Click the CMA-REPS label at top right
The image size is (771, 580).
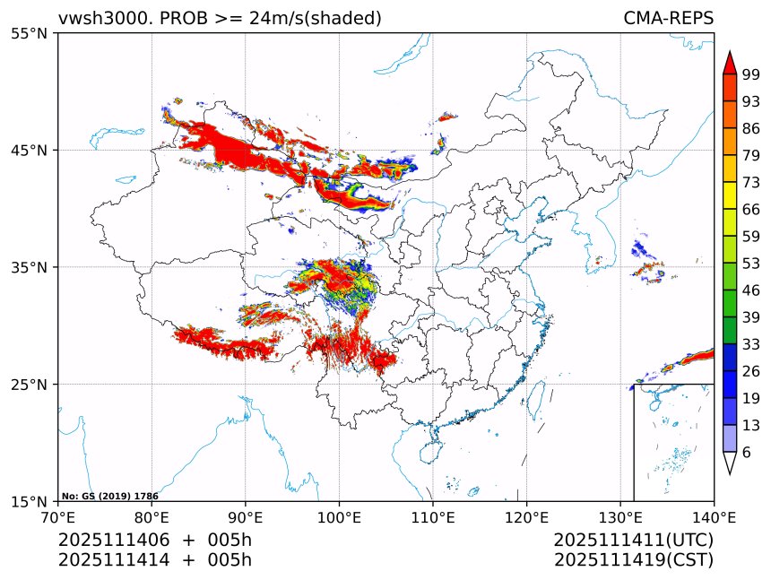668,18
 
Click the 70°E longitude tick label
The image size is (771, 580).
58,517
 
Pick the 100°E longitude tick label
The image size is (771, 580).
339,517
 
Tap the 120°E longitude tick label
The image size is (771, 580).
526,517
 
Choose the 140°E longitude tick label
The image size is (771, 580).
714,517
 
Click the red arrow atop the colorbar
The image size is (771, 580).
730,62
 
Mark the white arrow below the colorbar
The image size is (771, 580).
730,463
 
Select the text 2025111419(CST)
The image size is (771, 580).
633,560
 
